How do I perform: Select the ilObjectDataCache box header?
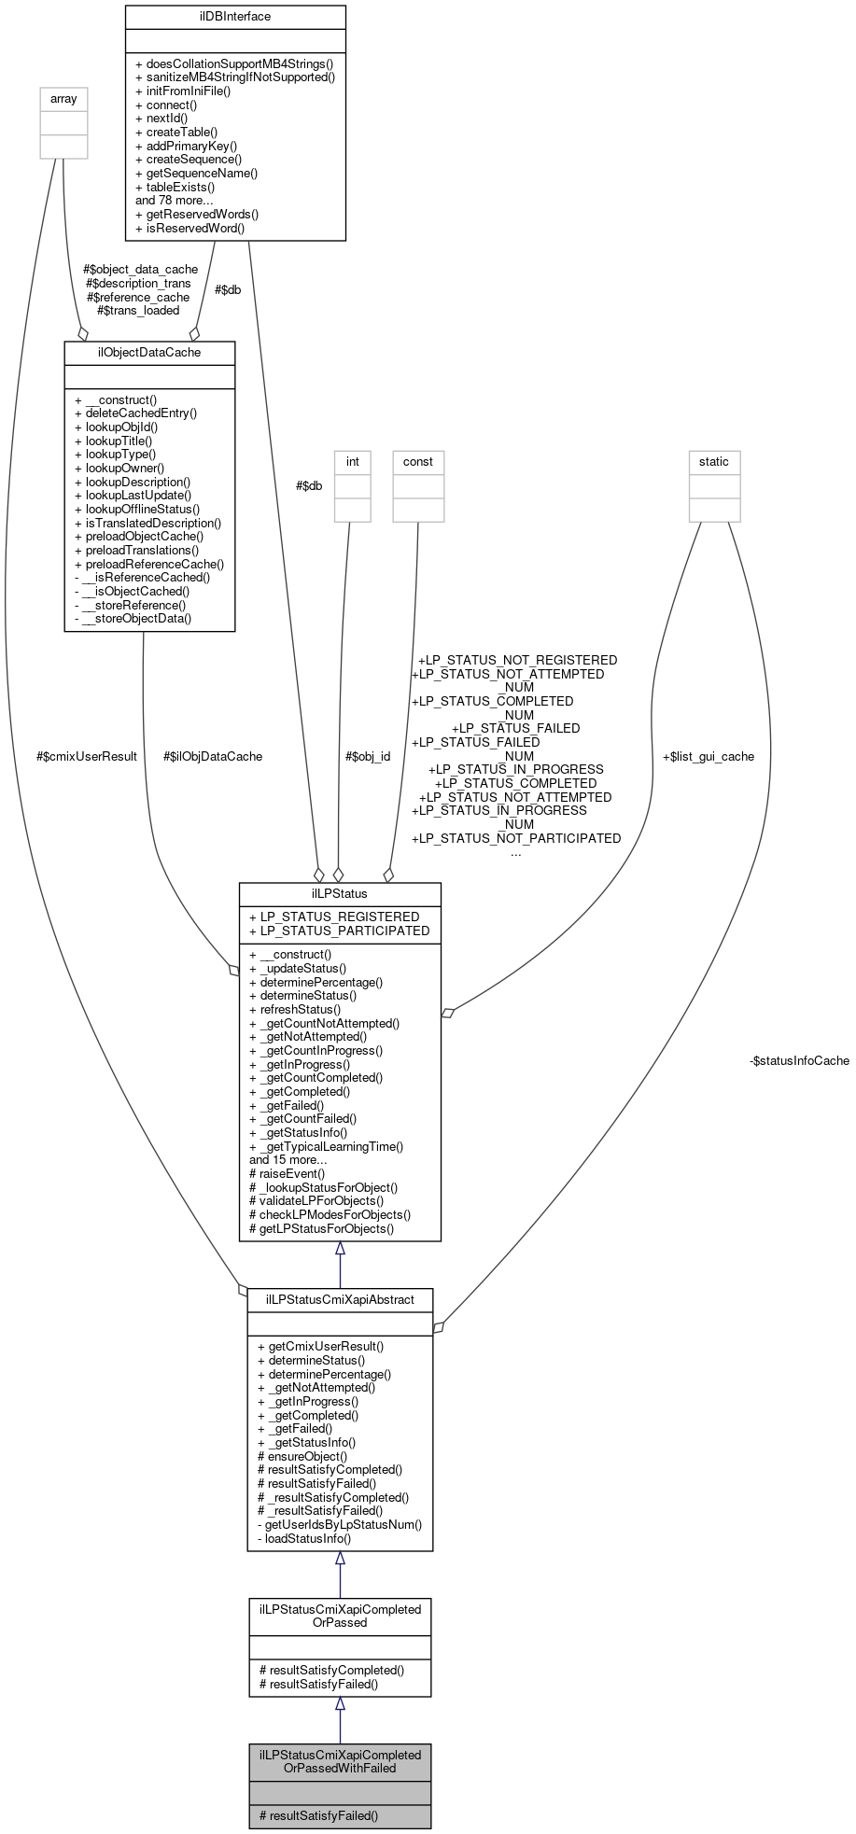[149, 352]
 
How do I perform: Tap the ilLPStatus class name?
[340, 893]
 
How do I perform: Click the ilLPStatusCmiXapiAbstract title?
[340, 1299]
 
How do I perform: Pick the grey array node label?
[63, 98]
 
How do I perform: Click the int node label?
[352, 461]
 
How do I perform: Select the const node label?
[417, 461]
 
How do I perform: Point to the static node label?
[714, 461]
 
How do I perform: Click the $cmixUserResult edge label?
[87, 756]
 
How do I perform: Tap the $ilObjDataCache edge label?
[213, 756]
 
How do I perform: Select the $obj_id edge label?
[368, 756]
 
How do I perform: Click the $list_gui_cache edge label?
[708, 756]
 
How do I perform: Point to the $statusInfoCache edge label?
[799, 1060]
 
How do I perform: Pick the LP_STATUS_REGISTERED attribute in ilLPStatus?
[334, 917]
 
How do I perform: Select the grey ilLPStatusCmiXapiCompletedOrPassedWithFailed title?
[340, 1761]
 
